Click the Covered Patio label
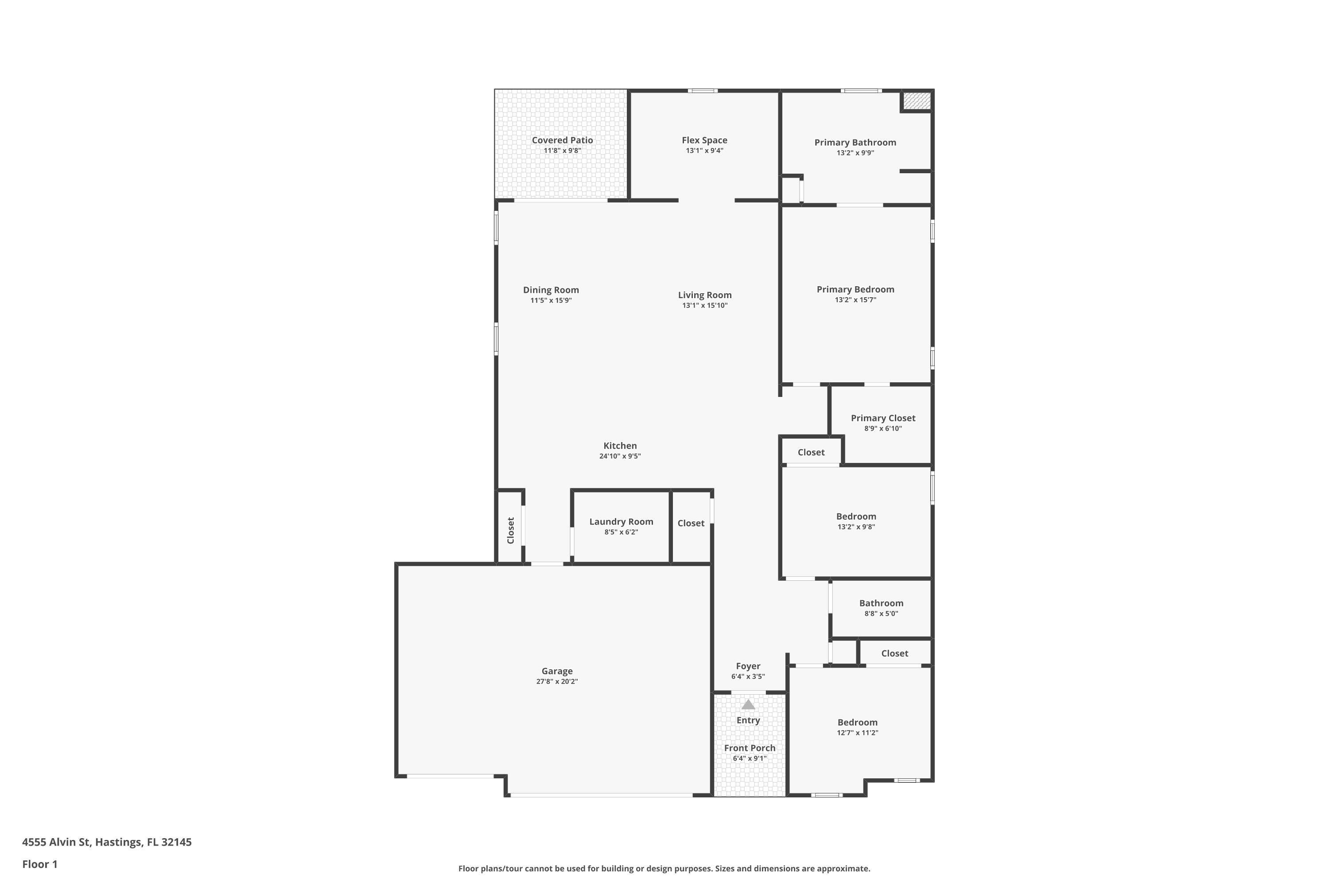click(x=562, y=140)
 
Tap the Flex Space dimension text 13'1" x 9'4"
click(x=705, y=150)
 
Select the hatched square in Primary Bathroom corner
click(x=916, y=101)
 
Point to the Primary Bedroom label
click(x=855, y=289)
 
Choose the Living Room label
click(x=705, y=295)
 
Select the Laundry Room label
click(x=621, y=521)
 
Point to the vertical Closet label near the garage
click(x=511, y=531)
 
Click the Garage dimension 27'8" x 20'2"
click(x=557, y=681)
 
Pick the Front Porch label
click(x=750, y=748)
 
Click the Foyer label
click(x=748, y=666)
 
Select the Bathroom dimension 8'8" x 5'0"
click(x=881, y=614)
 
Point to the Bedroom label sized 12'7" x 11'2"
click(x=857, y=723)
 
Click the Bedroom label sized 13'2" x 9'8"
click(x=856, y=517)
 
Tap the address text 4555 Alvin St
click(x=56, y=842)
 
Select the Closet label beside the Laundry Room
click(x=691, y=523)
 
